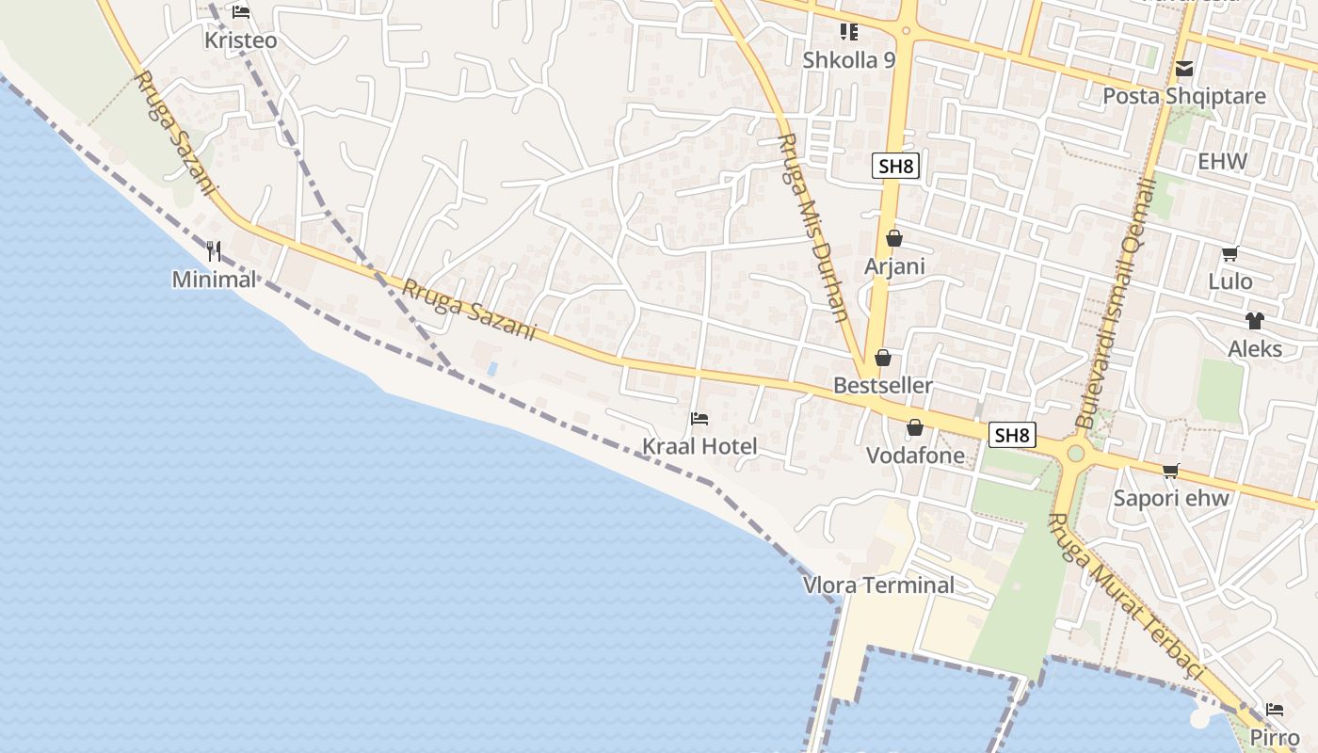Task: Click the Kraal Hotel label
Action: (699, 446)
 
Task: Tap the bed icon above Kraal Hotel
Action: (699, 419)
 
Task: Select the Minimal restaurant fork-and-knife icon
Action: (214, 251)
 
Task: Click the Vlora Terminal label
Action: (877, 585)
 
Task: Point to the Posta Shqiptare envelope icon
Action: (1183, 69)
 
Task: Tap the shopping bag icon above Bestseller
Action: (882, 358)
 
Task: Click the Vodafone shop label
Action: (915, 456)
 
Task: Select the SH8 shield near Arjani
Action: (894, 167)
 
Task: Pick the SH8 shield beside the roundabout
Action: (1012, 435)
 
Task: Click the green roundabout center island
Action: (1075, 454)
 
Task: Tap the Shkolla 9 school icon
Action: (848, 33)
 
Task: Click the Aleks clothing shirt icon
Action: (1254, 321)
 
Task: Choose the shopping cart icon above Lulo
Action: (1230, 253)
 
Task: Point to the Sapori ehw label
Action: (1171, 498)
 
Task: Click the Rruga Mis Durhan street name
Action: (815, 226)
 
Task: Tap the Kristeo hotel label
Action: (241, 40)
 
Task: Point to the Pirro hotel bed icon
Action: (1274, 710)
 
